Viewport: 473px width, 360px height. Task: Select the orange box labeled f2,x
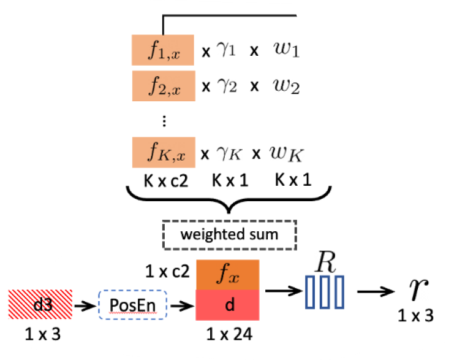coord(163,85)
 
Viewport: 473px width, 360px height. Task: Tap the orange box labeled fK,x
coord(163,153)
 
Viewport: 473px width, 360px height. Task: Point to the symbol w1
coord(287,50)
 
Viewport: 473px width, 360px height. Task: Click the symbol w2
coord(287,86)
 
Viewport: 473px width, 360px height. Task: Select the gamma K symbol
coord(228,153)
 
